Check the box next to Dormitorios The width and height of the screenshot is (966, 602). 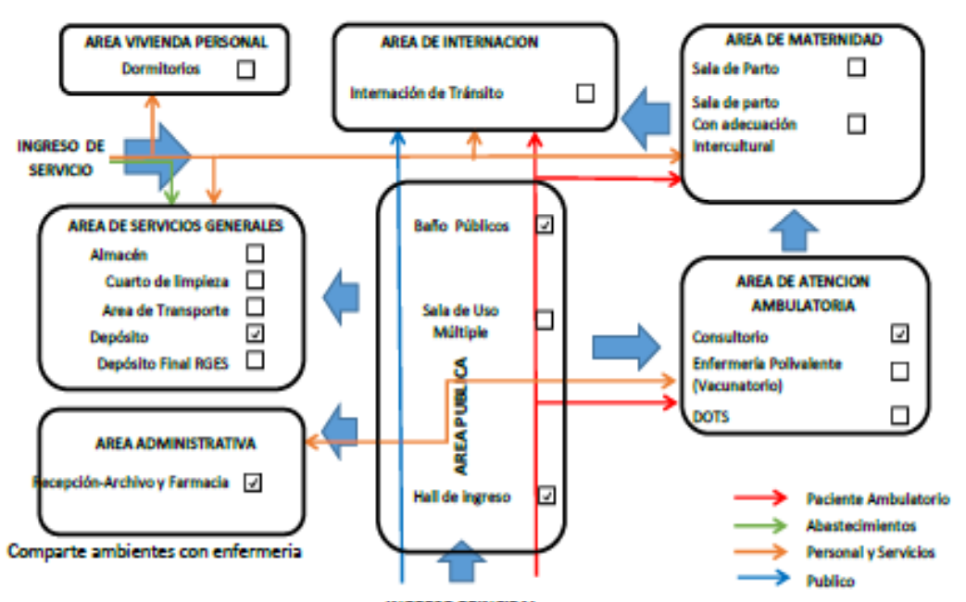(x=245, y=69)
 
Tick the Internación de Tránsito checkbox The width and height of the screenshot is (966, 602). (x=585, y=93)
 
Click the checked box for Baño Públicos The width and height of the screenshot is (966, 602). (x=546, y=224)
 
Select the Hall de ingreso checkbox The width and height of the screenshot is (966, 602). (x=546, y=495)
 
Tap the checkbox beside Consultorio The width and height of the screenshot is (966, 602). (x=898, y=333)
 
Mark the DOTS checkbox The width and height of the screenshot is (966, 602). (x=898, y=415)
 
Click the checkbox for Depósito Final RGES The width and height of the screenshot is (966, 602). (x=255, y=359)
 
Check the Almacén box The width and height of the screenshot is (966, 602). (x=255, y=252)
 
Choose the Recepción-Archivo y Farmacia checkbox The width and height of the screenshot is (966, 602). (x=252, y=482)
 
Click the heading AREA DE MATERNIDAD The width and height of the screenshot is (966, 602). (x=803, y=40)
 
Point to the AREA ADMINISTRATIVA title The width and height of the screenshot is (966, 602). (x=175, y=443)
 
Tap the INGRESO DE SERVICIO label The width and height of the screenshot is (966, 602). (x=60, y=157)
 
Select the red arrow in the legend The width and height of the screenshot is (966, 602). (x=761, y=499)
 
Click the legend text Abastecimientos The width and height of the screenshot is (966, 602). (x=860, y=525)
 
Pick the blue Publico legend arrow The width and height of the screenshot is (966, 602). (x=761, y=581)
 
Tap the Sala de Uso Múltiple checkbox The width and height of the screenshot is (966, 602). (x=545, y=320)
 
